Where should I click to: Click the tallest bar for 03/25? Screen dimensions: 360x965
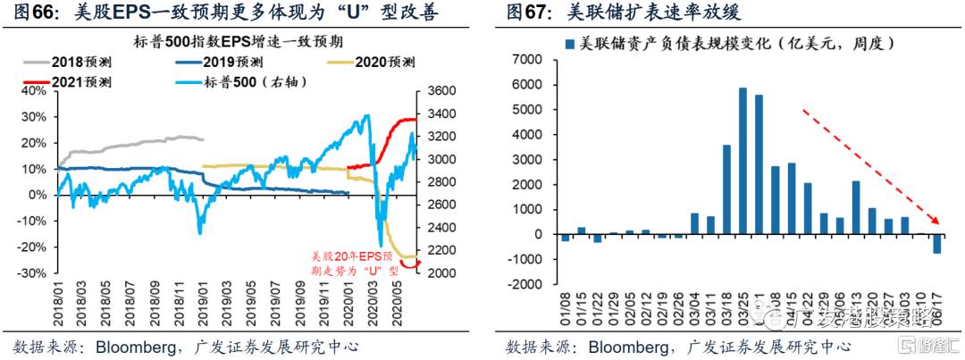point(743,161)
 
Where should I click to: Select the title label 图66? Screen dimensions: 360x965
point(32,13)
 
